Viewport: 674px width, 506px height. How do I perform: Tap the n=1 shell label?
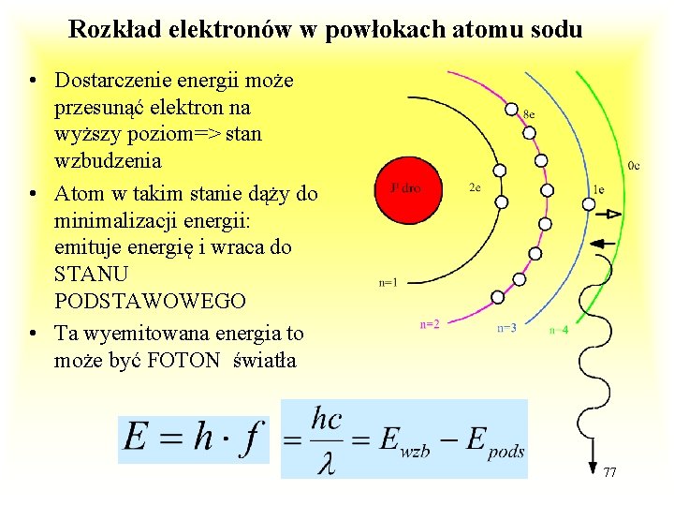point(388,281)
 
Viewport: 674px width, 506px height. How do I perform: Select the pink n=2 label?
point(430,324)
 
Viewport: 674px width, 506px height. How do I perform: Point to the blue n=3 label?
point(506,328)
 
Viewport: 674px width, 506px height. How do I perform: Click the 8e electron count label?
point(529,113)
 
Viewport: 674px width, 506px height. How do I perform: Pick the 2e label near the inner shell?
point(475,187)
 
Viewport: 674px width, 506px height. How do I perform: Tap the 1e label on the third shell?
point(598,190)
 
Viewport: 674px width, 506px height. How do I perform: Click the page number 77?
point(609,470)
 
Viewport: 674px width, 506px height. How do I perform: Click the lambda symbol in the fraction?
point(326,462)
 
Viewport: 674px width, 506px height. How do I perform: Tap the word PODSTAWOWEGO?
point(150,301)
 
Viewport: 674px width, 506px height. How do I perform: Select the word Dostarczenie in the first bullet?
point(112,82)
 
